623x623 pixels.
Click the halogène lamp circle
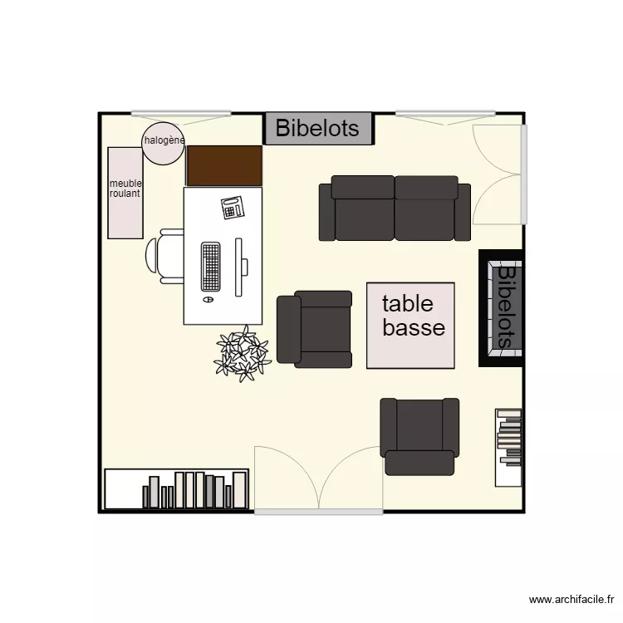pyautogui.click(x=163, y=144)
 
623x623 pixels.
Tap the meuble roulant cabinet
pyautogui.click(x=125, y=193)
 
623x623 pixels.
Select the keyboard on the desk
pyautogui.click(x=211, y=267)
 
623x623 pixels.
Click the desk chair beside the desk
pyautogui.click(x=164, y=256)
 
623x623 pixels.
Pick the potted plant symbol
pyautogui.click(x=242, y=354)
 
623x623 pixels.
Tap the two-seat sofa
pyautogui.click(x=395, y=208)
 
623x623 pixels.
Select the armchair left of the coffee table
pyautogui.click(x=315, y=329)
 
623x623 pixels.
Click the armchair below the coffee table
pyautogui.click(x=419, y=436)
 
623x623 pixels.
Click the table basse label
pyautogui.click(x=413, y=315)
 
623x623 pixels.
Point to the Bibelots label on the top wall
pyautogui.click(x=317, y=129)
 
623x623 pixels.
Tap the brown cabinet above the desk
pyautogui.click(x=224, y=165)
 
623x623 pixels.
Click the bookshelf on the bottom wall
pyautogui.click(x=176, y=489)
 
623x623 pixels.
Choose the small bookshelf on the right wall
pyautogui.click(x=508, y=447)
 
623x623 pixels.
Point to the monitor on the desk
pyautogui.click(x=240, y=267)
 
